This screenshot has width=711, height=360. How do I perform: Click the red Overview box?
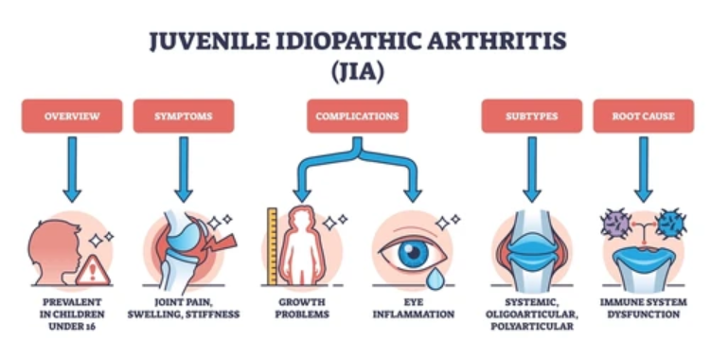(72, 116)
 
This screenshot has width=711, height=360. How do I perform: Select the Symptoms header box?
(183, 116)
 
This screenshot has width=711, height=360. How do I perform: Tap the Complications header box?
(357, 116)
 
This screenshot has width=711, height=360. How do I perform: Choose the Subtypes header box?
(531, 116)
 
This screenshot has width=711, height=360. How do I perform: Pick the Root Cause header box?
(643, 116)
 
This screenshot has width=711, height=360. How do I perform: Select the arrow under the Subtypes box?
(531, 167)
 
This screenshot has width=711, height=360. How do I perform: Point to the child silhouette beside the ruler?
(303, 248)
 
